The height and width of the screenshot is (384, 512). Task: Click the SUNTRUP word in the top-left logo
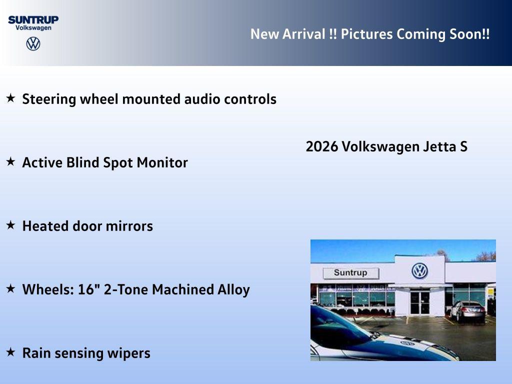tap(33, 19)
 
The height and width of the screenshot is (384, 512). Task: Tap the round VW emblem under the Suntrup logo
tap(33, 44)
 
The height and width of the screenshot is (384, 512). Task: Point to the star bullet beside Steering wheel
tap(10, 98)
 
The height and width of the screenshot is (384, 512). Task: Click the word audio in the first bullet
tap(202, 99)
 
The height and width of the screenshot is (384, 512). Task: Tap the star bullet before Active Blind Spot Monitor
tap(10, 161)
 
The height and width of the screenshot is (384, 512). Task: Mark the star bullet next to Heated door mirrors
tap(10, 225)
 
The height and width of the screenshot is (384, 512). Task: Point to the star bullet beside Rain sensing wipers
tap(10, 352)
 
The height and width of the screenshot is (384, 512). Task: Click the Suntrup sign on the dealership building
tap(350, 273)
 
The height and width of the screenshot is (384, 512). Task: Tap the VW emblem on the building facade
tap(419, 271)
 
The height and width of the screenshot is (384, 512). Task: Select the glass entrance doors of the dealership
tap(419, 302)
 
